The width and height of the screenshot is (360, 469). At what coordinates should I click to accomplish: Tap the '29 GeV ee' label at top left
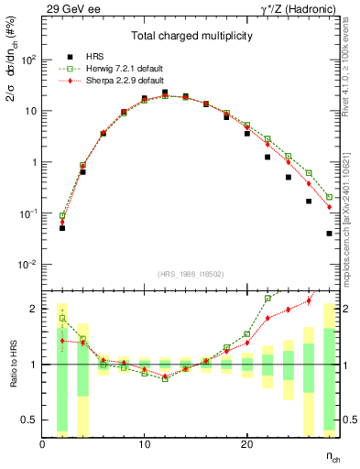pos(70,8)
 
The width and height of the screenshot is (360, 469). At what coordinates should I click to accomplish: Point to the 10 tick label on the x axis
pos(144,444)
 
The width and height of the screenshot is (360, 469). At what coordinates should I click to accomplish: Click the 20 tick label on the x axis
pos(246,444)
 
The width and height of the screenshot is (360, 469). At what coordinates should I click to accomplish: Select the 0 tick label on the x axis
pos(42,444)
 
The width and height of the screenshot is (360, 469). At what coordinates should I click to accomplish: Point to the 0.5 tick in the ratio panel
pos(29,420)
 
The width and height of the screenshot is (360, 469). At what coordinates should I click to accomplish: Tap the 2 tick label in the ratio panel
pos(34,309)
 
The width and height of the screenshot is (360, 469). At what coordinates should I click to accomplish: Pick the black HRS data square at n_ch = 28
pos(329,234)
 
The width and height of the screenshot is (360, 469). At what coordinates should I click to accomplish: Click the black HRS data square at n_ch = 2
pos(62,227)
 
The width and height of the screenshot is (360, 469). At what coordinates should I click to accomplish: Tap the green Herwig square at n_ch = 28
pos(329,197)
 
